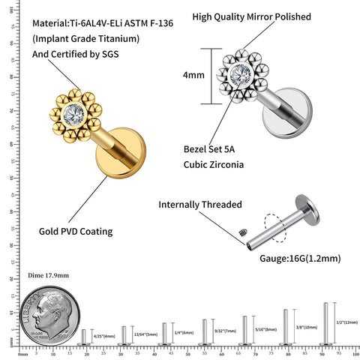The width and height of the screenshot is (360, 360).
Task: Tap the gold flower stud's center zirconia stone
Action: click(x=73, y=117)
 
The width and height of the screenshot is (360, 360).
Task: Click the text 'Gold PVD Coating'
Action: click(x=76, y=231)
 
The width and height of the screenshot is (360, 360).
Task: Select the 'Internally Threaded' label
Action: click(x=199, y=204)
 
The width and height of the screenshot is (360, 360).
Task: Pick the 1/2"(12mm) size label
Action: click(x=346, y=322)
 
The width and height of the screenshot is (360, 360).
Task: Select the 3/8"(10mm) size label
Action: click(x=306, y=326)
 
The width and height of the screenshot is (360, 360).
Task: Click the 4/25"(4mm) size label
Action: click(x=104, y=335)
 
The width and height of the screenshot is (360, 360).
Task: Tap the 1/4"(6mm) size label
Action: click(x=183, y=332)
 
